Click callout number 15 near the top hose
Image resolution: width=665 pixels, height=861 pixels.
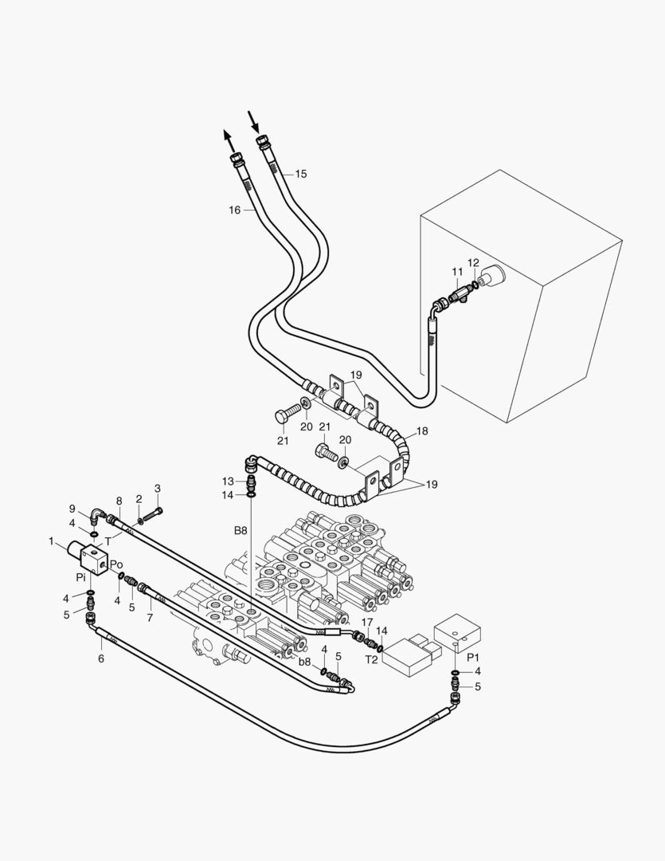[300, 174]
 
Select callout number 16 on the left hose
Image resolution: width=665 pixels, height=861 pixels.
[234, 210]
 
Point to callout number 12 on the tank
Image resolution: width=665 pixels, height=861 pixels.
[473, 263]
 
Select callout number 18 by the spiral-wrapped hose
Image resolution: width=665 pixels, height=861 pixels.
[422, 431]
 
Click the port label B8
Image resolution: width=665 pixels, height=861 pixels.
[240, 529]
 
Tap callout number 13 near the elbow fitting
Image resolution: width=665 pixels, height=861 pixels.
[229, 482]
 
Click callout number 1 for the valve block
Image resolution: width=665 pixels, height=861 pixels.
[52, 542]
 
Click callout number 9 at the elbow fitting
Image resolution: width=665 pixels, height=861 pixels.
[72, 509]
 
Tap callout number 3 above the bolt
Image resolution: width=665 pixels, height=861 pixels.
[158, 488]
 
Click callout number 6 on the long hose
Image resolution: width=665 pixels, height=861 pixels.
[101, 659]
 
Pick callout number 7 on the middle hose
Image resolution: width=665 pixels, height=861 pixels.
[150, 619]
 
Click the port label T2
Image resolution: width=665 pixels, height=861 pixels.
[371, 660]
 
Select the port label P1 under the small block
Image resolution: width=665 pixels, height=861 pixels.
[472, 657]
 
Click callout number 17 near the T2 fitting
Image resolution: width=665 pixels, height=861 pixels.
[367, 621]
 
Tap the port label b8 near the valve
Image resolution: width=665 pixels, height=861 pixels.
[304, 661]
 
